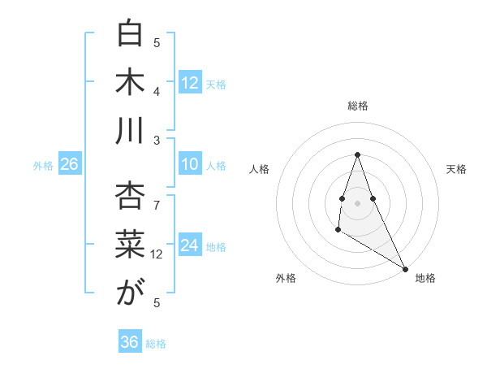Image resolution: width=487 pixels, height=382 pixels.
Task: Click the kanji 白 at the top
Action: click(x=130, y=34)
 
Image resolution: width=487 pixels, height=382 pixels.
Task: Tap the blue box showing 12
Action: click(x=190, y=83)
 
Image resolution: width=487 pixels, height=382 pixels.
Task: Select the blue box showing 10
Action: click(x=190, y=165)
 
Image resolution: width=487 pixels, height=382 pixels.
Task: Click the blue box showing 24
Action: click(x=190, y=246)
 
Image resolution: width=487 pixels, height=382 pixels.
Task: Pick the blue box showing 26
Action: click(x=69, y=165)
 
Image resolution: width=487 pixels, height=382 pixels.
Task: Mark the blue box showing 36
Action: click(x=130, y=342)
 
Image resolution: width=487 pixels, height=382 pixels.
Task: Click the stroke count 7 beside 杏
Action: click(x=157, y=197)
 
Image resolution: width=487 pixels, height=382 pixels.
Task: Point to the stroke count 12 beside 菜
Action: click(x=157, y=254)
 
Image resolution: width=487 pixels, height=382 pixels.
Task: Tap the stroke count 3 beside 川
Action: click(x=157, y=140)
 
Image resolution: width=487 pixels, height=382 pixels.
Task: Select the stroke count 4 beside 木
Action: click(x=157, y=91)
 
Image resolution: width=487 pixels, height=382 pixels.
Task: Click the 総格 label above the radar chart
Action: click(x=358, y=106)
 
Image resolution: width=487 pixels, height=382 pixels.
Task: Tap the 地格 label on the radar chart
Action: click(x=425, y=278)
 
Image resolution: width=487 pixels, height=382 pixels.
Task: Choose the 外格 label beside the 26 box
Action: click(x=43, y=166)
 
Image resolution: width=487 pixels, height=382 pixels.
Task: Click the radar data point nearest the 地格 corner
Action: click(x=405, y=269)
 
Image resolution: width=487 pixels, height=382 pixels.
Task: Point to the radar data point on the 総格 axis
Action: click(x=357, y=155)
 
